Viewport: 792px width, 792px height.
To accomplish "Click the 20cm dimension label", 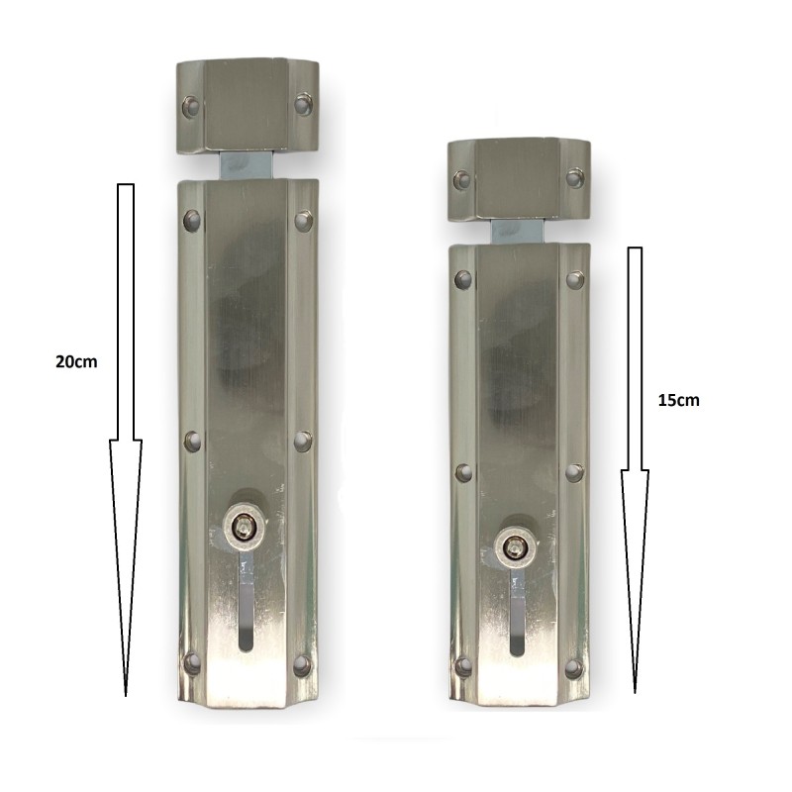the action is click(76, 361).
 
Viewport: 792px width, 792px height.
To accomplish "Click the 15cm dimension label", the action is click(678, 401).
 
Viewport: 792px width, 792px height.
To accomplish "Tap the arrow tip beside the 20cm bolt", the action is click(126, 696).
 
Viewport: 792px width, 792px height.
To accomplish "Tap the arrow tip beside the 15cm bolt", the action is click(635, 692).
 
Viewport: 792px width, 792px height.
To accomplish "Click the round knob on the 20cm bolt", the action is click(245, 529).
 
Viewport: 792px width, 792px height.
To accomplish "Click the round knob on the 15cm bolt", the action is click(516, 546).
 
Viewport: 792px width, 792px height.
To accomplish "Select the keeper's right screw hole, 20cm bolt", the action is click(303, 105).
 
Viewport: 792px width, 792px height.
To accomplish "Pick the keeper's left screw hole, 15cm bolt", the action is click(462, 180).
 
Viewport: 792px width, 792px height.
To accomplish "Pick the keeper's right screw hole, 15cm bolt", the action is click(575, 178).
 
